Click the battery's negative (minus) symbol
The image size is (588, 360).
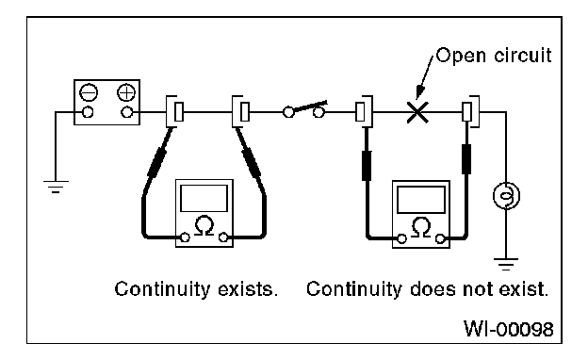[x=89, y=92]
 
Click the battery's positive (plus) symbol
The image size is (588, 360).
[x=126, y=92]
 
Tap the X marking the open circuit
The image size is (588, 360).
[x=417, y=112]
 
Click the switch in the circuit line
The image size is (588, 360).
[x=304, y=109]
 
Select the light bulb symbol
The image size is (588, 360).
[x=506, y=195]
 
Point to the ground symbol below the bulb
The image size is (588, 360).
[x=506, y=264]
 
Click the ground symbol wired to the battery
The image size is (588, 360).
[x=56, y=187]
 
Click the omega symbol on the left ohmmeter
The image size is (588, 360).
[x=204, y=225]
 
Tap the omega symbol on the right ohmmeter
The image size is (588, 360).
[x=421, y=227]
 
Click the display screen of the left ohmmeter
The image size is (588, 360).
[x=204, y=198]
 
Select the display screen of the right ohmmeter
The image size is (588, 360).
[x=421, y=200]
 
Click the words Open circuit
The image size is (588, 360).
[x=494, y=56]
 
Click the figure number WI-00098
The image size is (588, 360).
[x=509, y=329]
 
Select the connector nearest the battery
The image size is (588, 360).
[x=175, y=111]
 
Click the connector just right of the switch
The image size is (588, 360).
[x=364, y=111]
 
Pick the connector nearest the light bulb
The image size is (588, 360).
[x=470, y=111]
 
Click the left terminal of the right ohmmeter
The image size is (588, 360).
[x=401, y=238]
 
